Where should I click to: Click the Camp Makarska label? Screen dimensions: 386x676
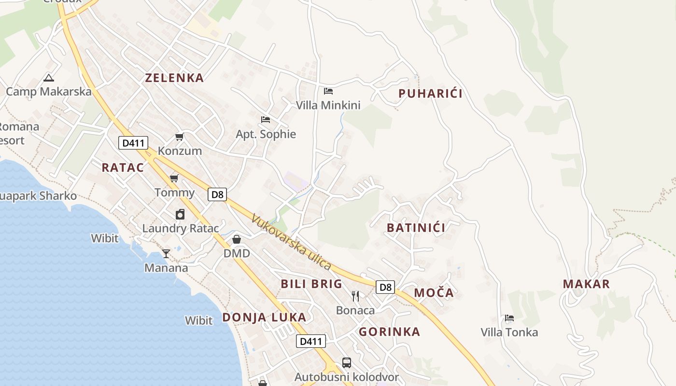pos(49,92)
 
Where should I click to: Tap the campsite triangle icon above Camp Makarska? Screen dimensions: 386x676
pos(48,77)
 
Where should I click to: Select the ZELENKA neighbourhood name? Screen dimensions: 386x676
pos(174,78)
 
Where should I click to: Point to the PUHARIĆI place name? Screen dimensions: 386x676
pos(430,94)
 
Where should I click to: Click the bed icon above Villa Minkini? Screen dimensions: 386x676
pos(328,91)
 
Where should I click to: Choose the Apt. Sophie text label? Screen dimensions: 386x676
pos(266,134)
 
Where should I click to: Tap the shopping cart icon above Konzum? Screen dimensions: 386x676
pos(180,137)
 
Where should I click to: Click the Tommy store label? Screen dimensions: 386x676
pos(174,193)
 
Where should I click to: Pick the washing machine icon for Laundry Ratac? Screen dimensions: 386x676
pos(180,214)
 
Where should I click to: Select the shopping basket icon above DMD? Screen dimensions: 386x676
pos(237,239)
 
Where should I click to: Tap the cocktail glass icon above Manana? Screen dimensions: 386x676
pos(166,253)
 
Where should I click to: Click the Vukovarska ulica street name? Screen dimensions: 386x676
pos(291,242)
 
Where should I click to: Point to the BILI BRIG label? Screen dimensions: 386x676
pos(311,284)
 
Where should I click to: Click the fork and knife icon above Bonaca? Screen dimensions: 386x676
pos(355,296)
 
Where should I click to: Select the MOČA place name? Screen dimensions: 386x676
pos(434,292)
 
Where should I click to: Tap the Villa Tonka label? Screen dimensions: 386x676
pos(509,332)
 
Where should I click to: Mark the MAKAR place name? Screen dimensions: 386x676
pos(586,284)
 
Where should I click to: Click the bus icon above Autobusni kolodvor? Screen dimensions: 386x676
pos(347,362)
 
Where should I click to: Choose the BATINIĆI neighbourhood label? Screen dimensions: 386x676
pos(416,228)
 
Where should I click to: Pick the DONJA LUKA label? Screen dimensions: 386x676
pos(264,317)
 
